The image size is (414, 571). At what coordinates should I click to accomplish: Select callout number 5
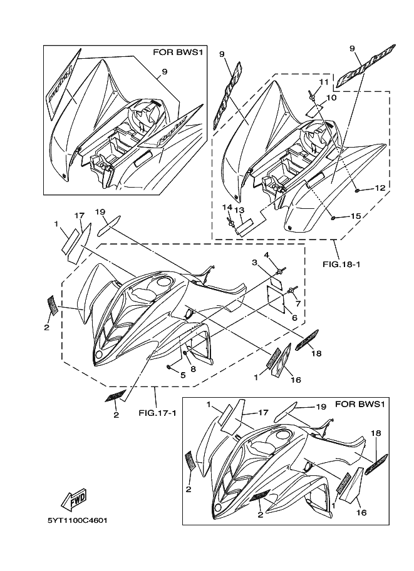click(298, 304)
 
